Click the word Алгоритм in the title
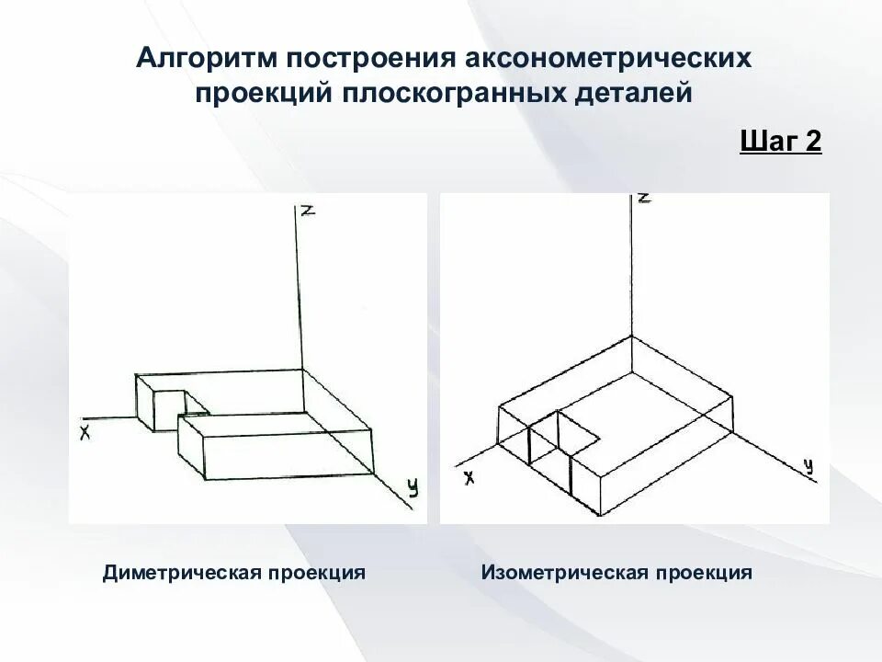click(x=207, y=59)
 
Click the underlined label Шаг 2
click(x=780, y=143)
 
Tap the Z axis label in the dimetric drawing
click(x=309, y=211)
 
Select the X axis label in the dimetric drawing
click(x=85, y=431)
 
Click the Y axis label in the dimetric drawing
click(x=413, y=488)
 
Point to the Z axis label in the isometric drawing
click(x=644, y=198)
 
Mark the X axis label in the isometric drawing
click(x=469, y=477)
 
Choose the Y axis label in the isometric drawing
click(x=808, y=466)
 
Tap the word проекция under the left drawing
click(x=317, y=573)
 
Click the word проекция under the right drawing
click(x=704, y=573)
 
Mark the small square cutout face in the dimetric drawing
click(x=168, y=406)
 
